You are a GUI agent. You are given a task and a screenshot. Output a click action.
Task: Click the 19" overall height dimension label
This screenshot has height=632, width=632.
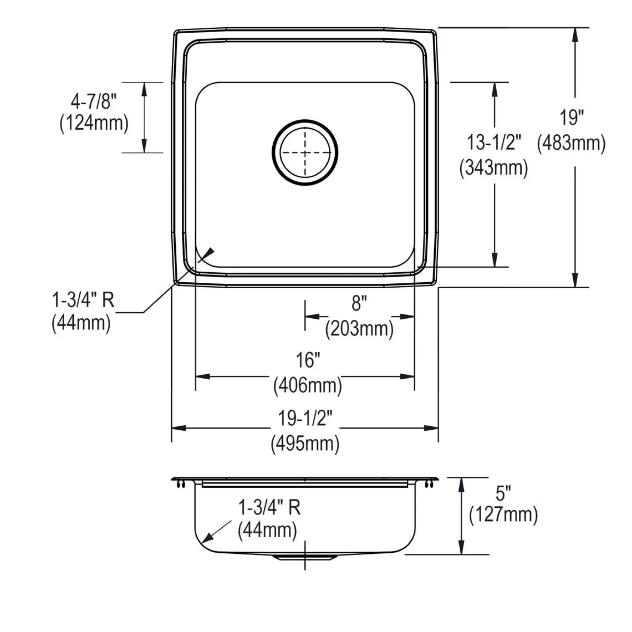click(572, 117)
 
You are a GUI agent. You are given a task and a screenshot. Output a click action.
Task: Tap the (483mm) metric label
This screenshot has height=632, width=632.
click(571, 143)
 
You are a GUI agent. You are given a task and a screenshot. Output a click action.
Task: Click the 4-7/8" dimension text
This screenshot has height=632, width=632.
click(94, 101)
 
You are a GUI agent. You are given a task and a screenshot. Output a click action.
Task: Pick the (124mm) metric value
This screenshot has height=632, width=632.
click(94, 123)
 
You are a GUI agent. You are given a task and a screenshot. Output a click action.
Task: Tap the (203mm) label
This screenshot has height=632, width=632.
click(359, 329)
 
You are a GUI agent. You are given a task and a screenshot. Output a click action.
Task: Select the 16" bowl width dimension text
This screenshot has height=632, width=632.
click(308, 360)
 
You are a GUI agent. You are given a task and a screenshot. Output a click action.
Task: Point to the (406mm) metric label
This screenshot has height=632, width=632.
click(308, 385)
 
